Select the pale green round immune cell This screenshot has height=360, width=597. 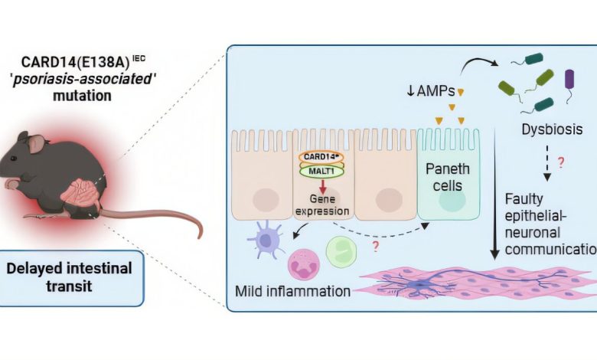341,252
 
